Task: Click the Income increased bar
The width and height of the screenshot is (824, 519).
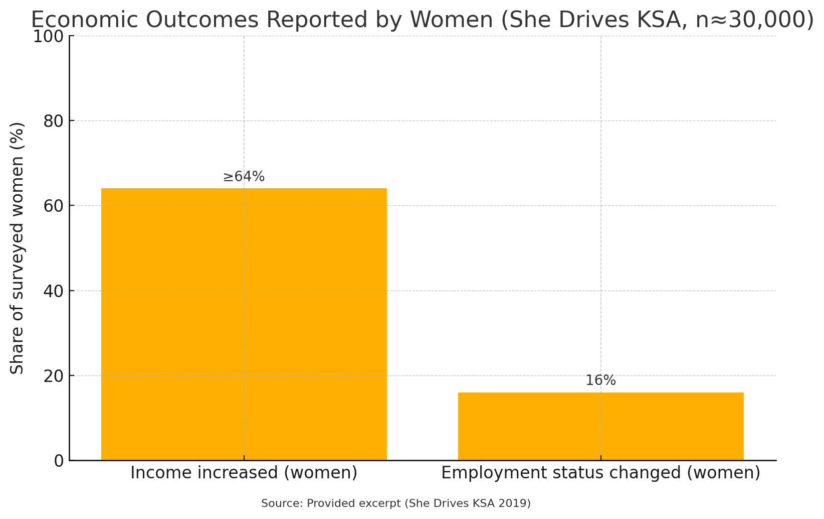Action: pyautogui.click(x=244, y=324)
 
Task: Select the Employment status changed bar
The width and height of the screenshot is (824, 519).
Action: pyautogui.click(x=600, y=426)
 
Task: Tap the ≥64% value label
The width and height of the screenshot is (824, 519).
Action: pyautogui.click(x=244, y=177)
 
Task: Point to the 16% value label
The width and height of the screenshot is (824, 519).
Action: pyautogui.click(x=600, y=380)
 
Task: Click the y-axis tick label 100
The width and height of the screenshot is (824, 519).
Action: pyautogui.click(x=48, y=37)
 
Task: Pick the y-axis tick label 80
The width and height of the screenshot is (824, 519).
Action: pyautogui.click(x=54, y=121)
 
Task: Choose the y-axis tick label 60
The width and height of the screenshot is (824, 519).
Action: pyautogui.click(x=54, y=206)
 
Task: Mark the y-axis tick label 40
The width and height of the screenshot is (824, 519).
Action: pyautogui.click(x=54, y=291)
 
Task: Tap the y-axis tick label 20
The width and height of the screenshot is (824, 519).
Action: pyautogui.click(x=54, y=376)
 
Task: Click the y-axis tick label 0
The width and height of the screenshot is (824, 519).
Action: pyautogui.click(x=59, y=461)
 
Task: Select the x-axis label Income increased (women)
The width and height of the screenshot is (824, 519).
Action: pyautogui.click(x=244, y=473)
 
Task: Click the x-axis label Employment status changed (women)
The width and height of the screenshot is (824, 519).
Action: pyautogui.click(x=600, y=473)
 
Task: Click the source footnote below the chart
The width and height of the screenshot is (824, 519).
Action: pyautogui.click(x=395, y=503)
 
